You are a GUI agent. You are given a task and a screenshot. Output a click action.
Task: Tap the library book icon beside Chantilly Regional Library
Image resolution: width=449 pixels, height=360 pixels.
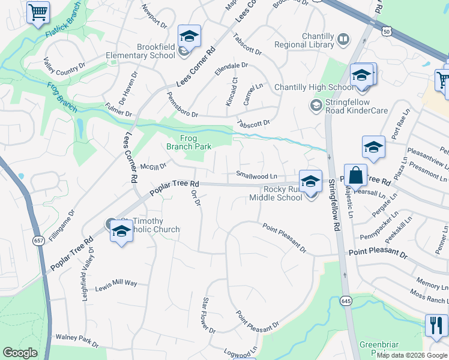(343, 40)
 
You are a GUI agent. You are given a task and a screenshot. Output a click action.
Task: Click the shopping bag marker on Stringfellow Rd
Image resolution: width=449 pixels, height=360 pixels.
(355, 176)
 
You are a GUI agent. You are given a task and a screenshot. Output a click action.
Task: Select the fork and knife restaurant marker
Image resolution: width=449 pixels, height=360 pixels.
(436, 325)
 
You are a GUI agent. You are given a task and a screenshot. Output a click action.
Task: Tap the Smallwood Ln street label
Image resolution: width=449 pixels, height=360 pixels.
(256, 176)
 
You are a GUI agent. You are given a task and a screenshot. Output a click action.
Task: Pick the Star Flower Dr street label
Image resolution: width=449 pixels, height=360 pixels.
(209, 315)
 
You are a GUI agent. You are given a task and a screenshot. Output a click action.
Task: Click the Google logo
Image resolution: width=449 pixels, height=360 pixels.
(20, 353)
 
